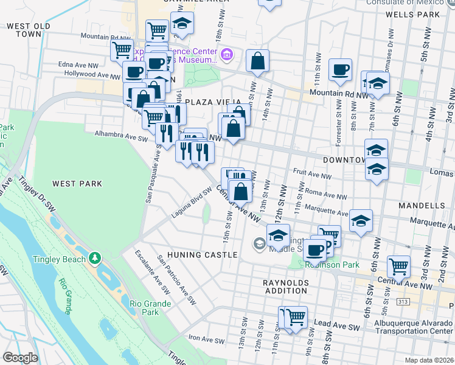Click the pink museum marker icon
tap(226, 56)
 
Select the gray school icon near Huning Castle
tap(259, 245)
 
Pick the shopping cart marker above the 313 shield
tap(398, 265)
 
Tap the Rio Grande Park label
tap(144, 308)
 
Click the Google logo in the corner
tap(20, 358)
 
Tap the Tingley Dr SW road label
tap(36, 195)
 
